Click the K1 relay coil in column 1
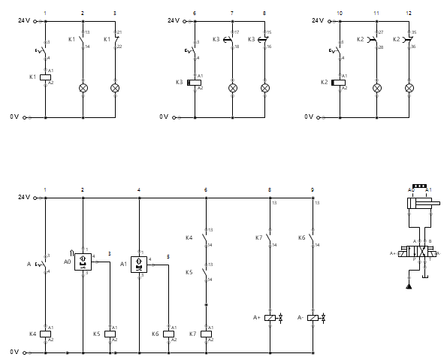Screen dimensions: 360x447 click(45, 77)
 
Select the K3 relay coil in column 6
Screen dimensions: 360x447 click(195, 83)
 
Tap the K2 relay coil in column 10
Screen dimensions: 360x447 click(339, 83)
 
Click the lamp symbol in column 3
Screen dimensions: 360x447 click(115, 88)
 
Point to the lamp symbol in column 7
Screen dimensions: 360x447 click(232, 88)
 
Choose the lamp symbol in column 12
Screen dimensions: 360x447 click(409, 88)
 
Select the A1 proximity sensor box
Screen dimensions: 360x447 click(139, 264)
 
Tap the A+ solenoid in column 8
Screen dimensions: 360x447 click(271, 319)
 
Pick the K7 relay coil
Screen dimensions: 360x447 click(205, 334)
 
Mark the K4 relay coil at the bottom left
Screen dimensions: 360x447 click(45, 334)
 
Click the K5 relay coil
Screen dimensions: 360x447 click(110, 334)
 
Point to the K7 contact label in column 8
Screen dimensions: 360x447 click(258, 237)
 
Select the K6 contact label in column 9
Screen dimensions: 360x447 click(301, 237)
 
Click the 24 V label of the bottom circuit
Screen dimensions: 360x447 click(23, 198)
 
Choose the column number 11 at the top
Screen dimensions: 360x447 click(376, 14)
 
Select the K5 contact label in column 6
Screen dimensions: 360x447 click(189, 272)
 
